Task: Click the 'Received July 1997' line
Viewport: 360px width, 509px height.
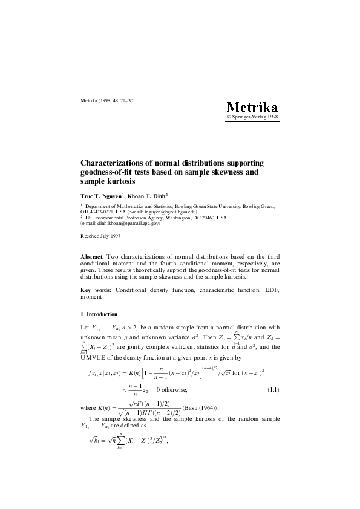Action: [100, 235]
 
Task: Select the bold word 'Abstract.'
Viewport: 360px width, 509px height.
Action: [93, 257]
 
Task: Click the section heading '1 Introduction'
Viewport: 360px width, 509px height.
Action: [99, 314]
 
